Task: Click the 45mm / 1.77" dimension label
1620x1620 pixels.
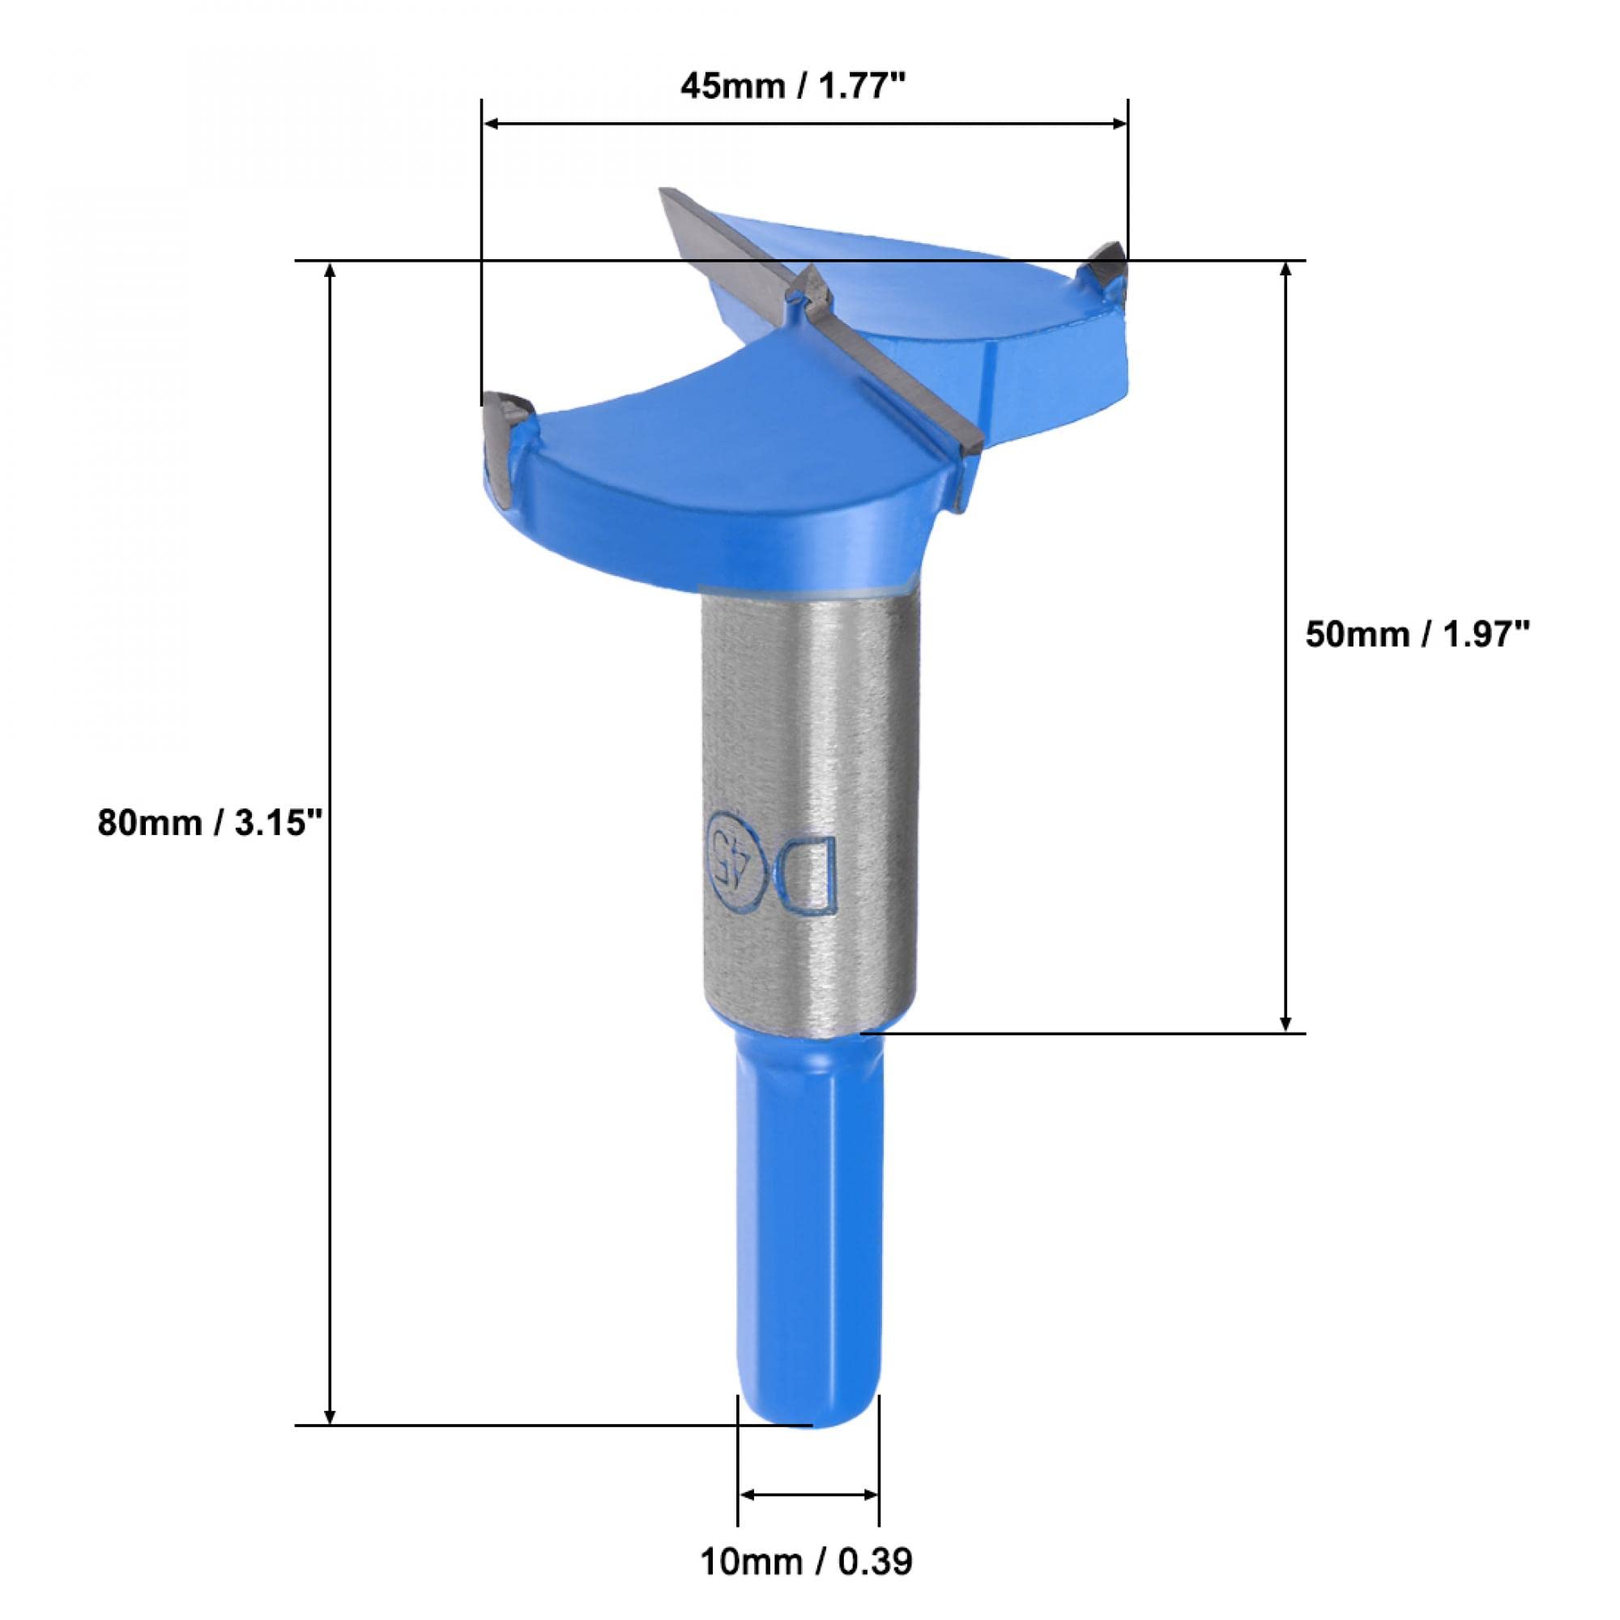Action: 795,85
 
